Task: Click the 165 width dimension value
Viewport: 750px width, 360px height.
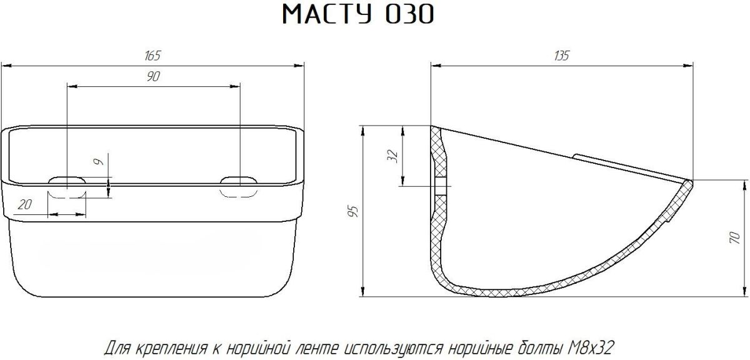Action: pos(152,56)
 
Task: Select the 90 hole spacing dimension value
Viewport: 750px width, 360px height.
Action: pos(153,77)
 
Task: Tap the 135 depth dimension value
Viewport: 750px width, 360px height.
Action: pos(561,56)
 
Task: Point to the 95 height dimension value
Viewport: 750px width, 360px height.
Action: pos(354,211)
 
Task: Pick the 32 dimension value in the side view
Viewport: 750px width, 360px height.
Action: pos(392,156)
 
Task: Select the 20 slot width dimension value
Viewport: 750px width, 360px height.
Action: pos(25,204)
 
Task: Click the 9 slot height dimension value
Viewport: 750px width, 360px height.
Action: pos(99,162)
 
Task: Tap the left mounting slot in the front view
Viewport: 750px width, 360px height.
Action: pos(67,187)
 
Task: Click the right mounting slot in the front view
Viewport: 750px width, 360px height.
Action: pos(239,186)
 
